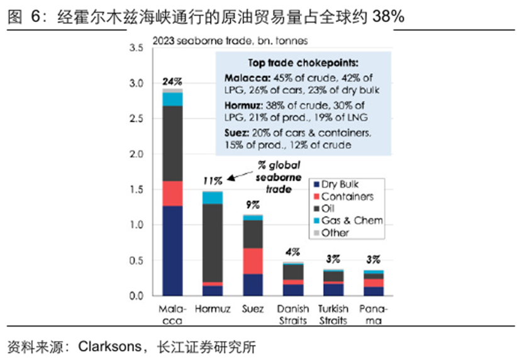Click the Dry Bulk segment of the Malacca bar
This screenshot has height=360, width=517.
click(172, 250)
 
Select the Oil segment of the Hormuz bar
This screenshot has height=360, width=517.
click(213, 242)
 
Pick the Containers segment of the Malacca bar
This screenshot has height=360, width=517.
click(172, 193)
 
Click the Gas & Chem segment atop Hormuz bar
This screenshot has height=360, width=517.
click(213, 198)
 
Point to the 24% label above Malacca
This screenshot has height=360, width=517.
click(172, 81)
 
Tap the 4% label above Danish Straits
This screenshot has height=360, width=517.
click(293, 252)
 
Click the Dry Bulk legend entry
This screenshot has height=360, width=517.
click(339, 184)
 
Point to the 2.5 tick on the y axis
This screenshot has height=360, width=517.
click(136, 119)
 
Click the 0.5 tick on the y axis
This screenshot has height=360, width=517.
click(136, 261)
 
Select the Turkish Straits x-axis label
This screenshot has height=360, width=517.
click(333, 315)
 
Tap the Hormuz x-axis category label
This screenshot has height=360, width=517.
click(213, 309)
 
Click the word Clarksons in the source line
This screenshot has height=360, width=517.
click(108, 347)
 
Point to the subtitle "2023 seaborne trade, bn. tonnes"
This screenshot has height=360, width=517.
click(230, 42)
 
